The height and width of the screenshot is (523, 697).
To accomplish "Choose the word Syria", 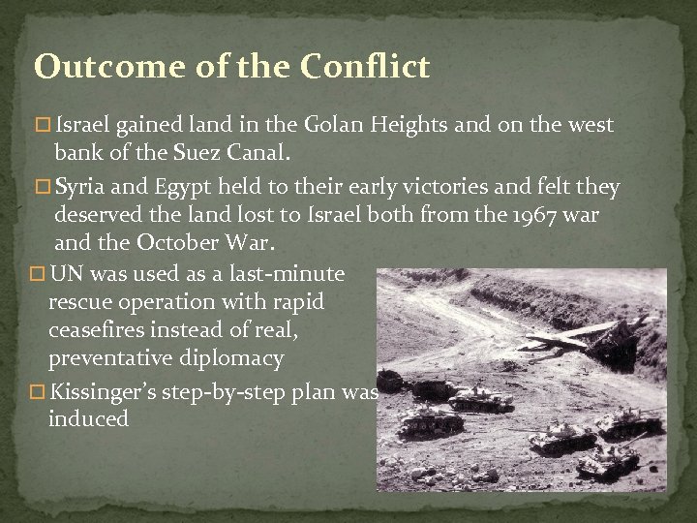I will pyautogui.click(x=84, y=187).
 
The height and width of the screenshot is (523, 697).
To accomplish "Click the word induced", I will pyautogui.click(x=88, y=419).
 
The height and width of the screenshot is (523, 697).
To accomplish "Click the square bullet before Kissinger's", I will pyautogui.click(x=38, y=392).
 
